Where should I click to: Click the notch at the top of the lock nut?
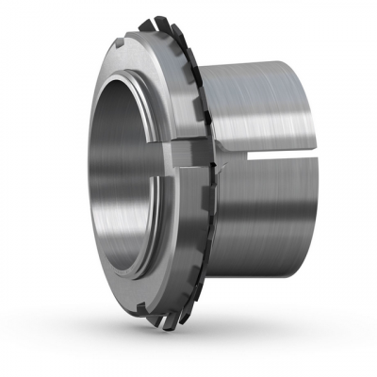tap(124, 43)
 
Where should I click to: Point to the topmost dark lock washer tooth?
tap(148, 22)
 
